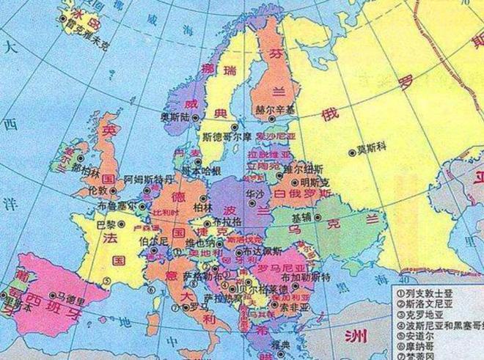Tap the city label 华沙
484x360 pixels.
[255, 194]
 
